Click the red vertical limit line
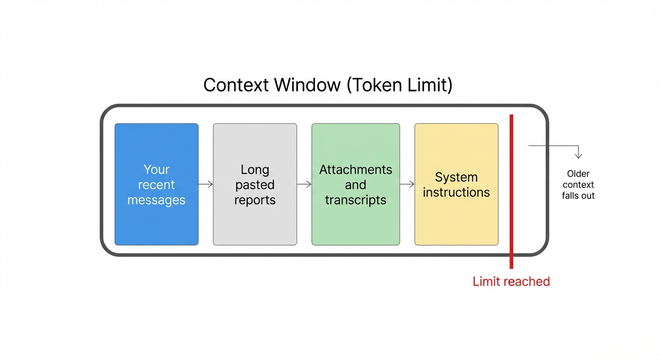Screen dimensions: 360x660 point(511,211)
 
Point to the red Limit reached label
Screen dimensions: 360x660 point(511,281)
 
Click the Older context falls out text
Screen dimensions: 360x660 point(578,185)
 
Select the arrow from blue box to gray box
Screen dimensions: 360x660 point(206,184)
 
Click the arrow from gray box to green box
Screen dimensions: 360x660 point(304,184)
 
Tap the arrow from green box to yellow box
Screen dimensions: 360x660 point(407,184)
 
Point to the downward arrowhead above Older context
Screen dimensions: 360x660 point(578,155)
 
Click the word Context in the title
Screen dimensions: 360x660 point(236,85)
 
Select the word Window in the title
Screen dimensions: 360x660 point(307,85)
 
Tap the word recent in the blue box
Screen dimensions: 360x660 point(156,185)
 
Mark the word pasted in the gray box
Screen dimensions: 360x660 point(255,185)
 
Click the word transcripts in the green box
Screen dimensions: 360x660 point(355,200)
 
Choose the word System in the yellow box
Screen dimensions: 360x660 point(456,177)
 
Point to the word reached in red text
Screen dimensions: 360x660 point(527,281)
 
